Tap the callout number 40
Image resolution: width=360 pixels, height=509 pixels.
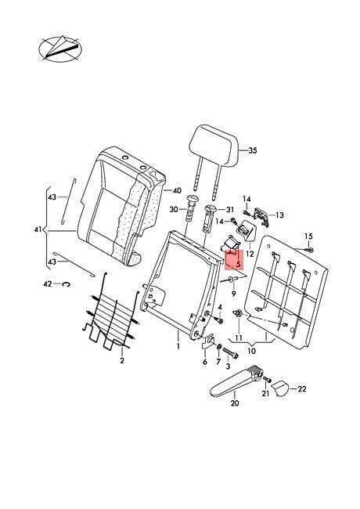click(177, 190)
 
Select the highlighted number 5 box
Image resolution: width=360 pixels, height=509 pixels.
click(234, 260)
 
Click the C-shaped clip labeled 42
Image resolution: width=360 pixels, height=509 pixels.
click(67, 284)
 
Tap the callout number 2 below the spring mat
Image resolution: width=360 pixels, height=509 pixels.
click(122, 360)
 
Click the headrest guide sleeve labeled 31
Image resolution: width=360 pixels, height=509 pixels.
click(208, 218)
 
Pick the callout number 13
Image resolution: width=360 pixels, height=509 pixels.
click(279, 215)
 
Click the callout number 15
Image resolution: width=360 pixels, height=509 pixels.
click(308, 236)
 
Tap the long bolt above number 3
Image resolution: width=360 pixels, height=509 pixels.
click(230, 354)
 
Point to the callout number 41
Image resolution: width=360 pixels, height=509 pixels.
click(38, 229)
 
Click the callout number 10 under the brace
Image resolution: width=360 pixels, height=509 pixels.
click(251, 351)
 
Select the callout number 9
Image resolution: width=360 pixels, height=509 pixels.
click(233, 294)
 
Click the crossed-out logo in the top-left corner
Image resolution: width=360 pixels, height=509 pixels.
click(60, 49)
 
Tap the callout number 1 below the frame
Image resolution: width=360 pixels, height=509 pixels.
click(178, 346)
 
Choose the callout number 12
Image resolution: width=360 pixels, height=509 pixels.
click(250, 254)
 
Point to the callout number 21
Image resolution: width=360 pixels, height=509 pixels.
click(265, 393)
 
